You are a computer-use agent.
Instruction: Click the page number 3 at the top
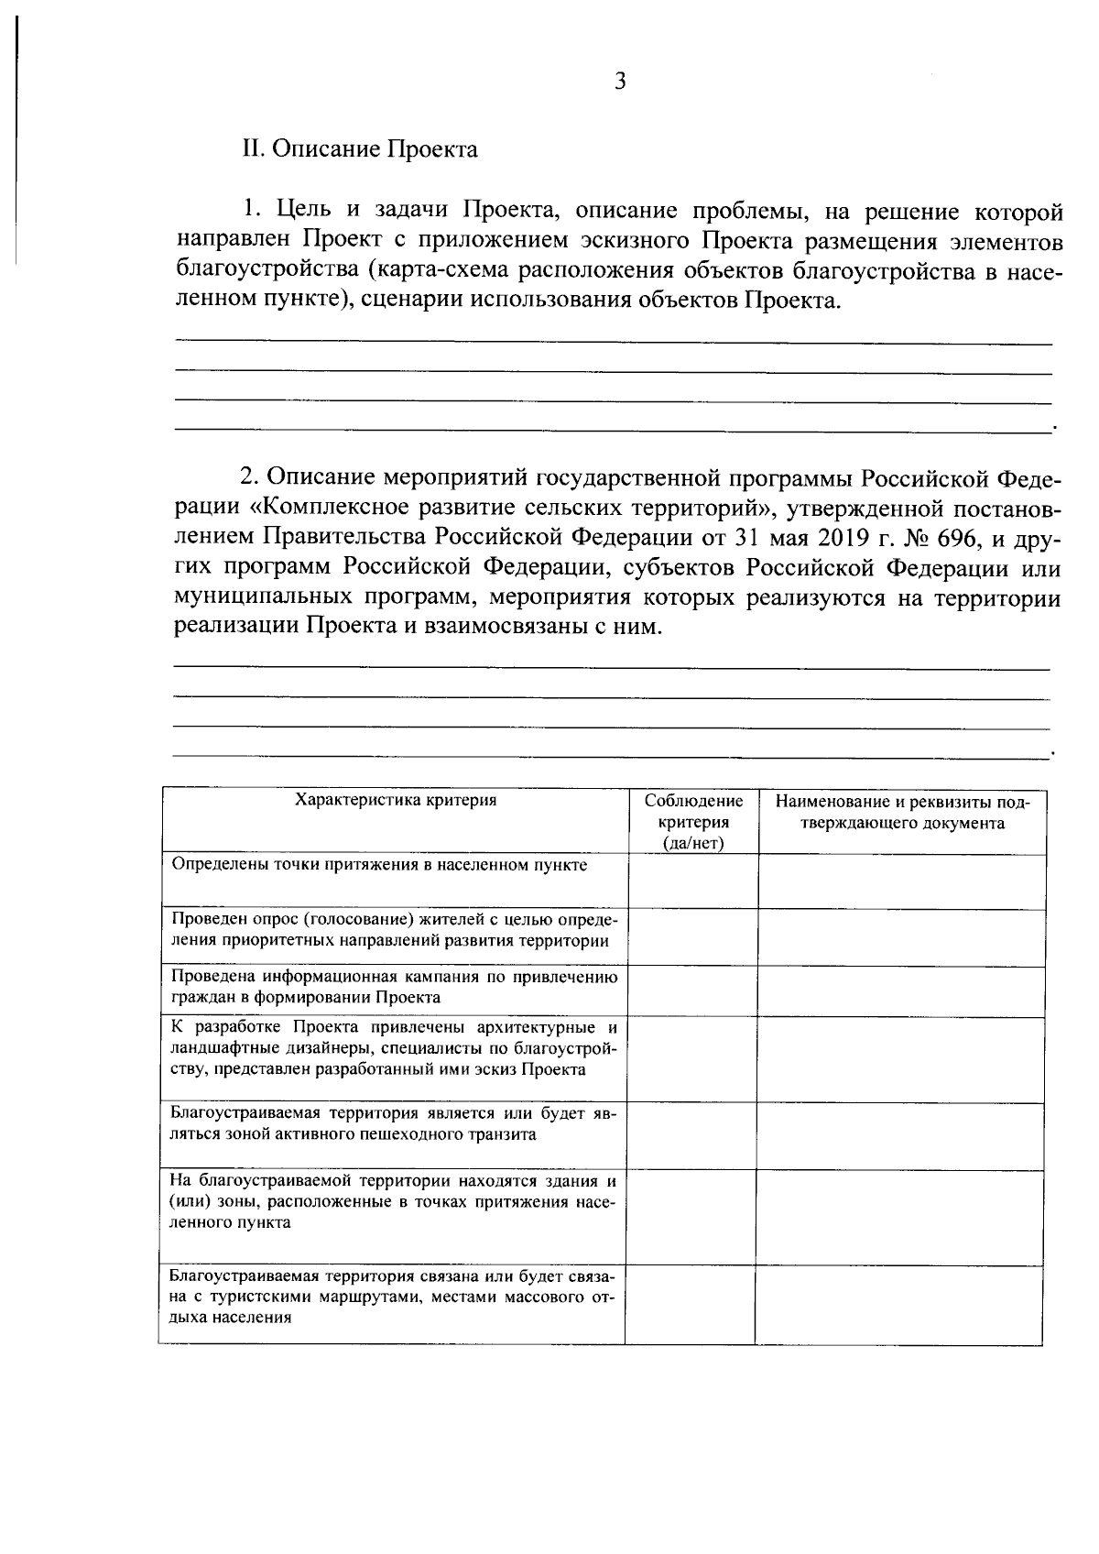(x=620, y=82)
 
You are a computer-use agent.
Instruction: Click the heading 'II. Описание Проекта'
(x=359, y=149)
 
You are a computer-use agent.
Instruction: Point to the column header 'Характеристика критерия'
(x=395, y=800)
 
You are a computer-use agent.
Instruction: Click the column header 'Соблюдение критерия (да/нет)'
(x=692, y=822)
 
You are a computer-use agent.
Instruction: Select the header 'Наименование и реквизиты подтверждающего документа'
(x=902, y=812)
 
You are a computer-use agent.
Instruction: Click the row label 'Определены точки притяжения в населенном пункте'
(x=379, y=865)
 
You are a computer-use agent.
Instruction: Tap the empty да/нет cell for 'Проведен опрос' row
(x=692, y=936)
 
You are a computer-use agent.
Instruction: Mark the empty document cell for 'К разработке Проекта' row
(x=901, y=1058)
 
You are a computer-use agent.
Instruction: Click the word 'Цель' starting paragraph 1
(x=301, y=213)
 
